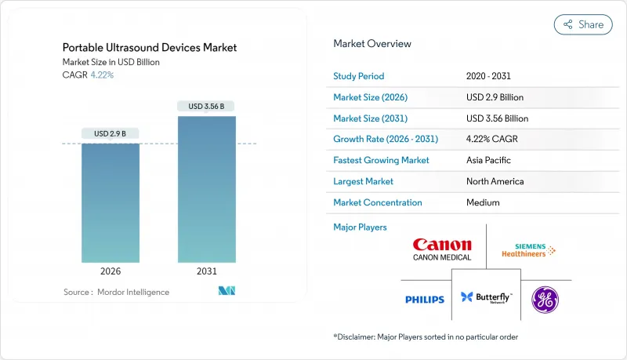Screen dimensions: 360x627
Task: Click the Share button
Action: coord(583,24)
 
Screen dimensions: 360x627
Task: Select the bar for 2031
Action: coord(207,189)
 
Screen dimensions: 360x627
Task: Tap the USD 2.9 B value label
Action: coord(111,133)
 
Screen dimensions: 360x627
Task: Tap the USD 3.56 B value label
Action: coord(207,106)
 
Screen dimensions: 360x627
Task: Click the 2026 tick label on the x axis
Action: coord(111,271)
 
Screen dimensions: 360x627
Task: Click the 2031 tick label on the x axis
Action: coord(207,271)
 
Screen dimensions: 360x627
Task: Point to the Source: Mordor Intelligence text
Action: coord(116,292)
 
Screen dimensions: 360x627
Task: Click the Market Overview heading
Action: coord(372,44)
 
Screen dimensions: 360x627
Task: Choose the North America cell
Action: coord(495,181)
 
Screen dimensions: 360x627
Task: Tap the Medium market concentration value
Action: coord(484,202)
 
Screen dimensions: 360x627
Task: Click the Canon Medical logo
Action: coord(442,249)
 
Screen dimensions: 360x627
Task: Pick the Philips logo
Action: coord(425,300)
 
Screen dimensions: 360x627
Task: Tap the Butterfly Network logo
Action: coord(486,298)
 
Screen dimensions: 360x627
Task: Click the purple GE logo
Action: coord(545,300)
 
